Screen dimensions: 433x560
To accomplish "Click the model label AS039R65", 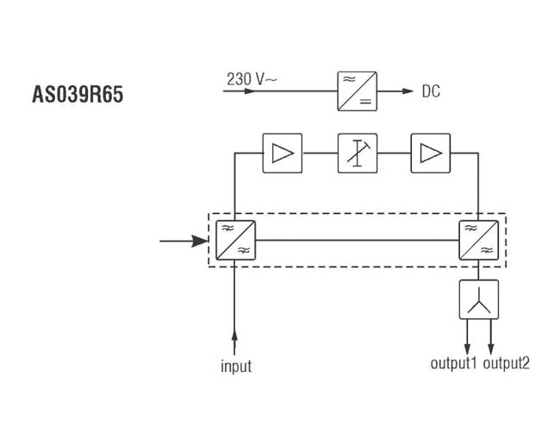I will coord(78,93).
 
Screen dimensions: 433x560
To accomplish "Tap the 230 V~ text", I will coord(252,79).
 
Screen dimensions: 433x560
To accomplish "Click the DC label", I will coord(431,91).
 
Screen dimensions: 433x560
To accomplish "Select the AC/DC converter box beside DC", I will coord(355,91).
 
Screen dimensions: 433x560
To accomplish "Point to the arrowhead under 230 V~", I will coord(249,91).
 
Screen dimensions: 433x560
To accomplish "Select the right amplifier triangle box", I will coord(430,154).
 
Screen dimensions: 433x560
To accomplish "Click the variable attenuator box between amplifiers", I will coord(356,154).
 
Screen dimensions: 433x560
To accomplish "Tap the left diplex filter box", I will coord(233,240).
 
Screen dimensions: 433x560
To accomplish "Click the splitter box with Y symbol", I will coord(478,301).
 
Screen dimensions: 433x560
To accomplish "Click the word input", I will coord(235,367).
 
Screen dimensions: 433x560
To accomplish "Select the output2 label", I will coord(507,363).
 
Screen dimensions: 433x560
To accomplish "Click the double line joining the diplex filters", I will coord(355,241).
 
